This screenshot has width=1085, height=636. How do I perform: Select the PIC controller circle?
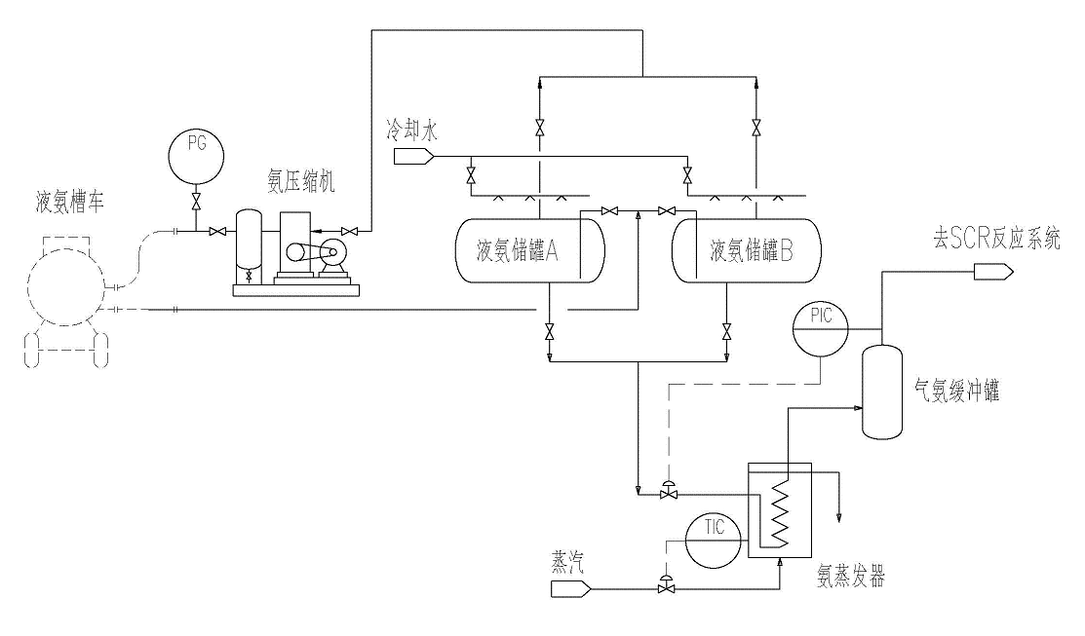click(x=821, y=328)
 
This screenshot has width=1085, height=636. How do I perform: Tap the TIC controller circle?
click(x=713, y=540)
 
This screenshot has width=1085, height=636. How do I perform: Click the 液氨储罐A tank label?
click(x=517, y=250)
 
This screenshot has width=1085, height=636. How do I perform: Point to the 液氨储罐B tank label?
click(x=752, y=250)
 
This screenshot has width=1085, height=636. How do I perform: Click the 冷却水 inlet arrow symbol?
click(x=413, y=157)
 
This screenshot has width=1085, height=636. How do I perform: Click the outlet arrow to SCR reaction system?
click(x=993, y=273)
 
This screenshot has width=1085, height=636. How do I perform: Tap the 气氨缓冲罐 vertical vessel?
click(x=882, y=392)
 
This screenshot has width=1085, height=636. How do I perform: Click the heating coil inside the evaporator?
click(x=780, y=511)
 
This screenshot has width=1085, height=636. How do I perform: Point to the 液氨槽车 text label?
click(x=70, y=202)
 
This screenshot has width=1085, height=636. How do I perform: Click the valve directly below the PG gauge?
click(x=197, y=203)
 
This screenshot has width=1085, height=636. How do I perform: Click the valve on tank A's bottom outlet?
click(x=550, y=332)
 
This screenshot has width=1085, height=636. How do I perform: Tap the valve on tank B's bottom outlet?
click(x=726, y=332)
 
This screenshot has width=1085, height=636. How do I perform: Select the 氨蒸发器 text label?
click(x=851, y=576)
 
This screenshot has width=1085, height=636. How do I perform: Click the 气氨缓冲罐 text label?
click(x=957, y=392)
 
